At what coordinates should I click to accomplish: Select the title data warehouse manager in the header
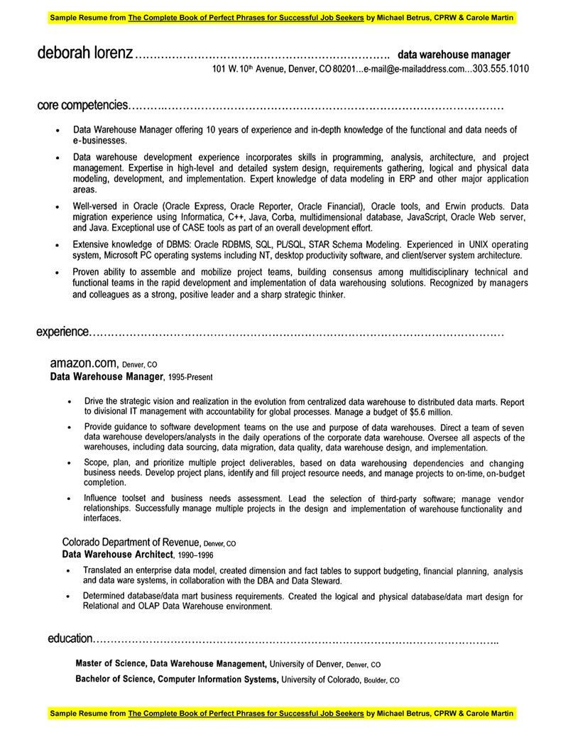[454, 55]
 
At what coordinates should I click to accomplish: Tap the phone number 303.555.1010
[501, 70]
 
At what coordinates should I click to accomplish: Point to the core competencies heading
[82, 106]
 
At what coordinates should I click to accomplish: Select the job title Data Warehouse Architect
[118, 554]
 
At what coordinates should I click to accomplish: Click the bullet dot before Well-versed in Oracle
[57, 206]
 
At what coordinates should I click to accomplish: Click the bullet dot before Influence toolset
[69, 499]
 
